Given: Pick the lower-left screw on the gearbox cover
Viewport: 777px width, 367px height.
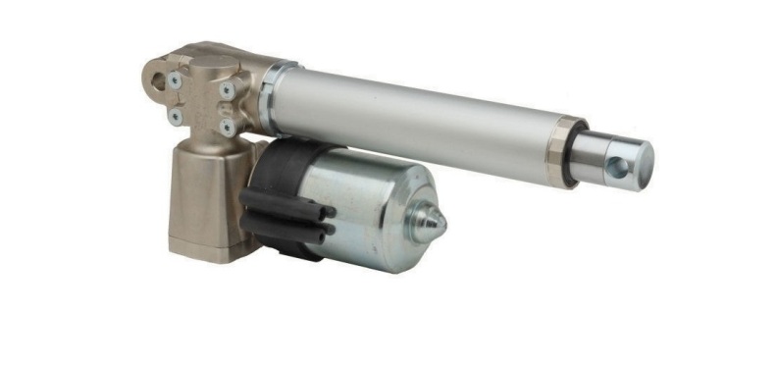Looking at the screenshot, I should [x=177, y=115].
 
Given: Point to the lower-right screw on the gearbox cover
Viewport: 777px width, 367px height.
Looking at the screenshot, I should [x=227, y=127].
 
